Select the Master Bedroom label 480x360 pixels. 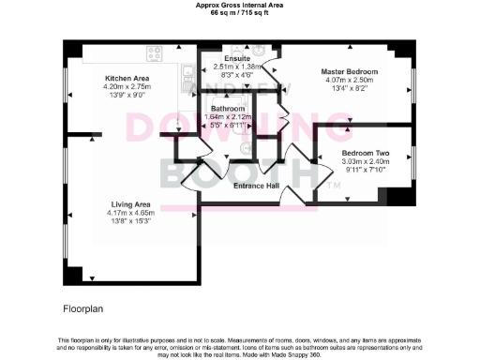[349, 72]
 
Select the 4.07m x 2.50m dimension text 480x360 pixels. [349, 81]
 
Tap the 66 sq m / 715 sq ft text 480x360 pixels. [240, 12]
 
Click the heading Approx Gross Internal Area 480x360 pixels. [240, 5]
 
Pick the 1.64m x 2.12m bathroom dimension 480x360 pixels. [229, 116]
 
